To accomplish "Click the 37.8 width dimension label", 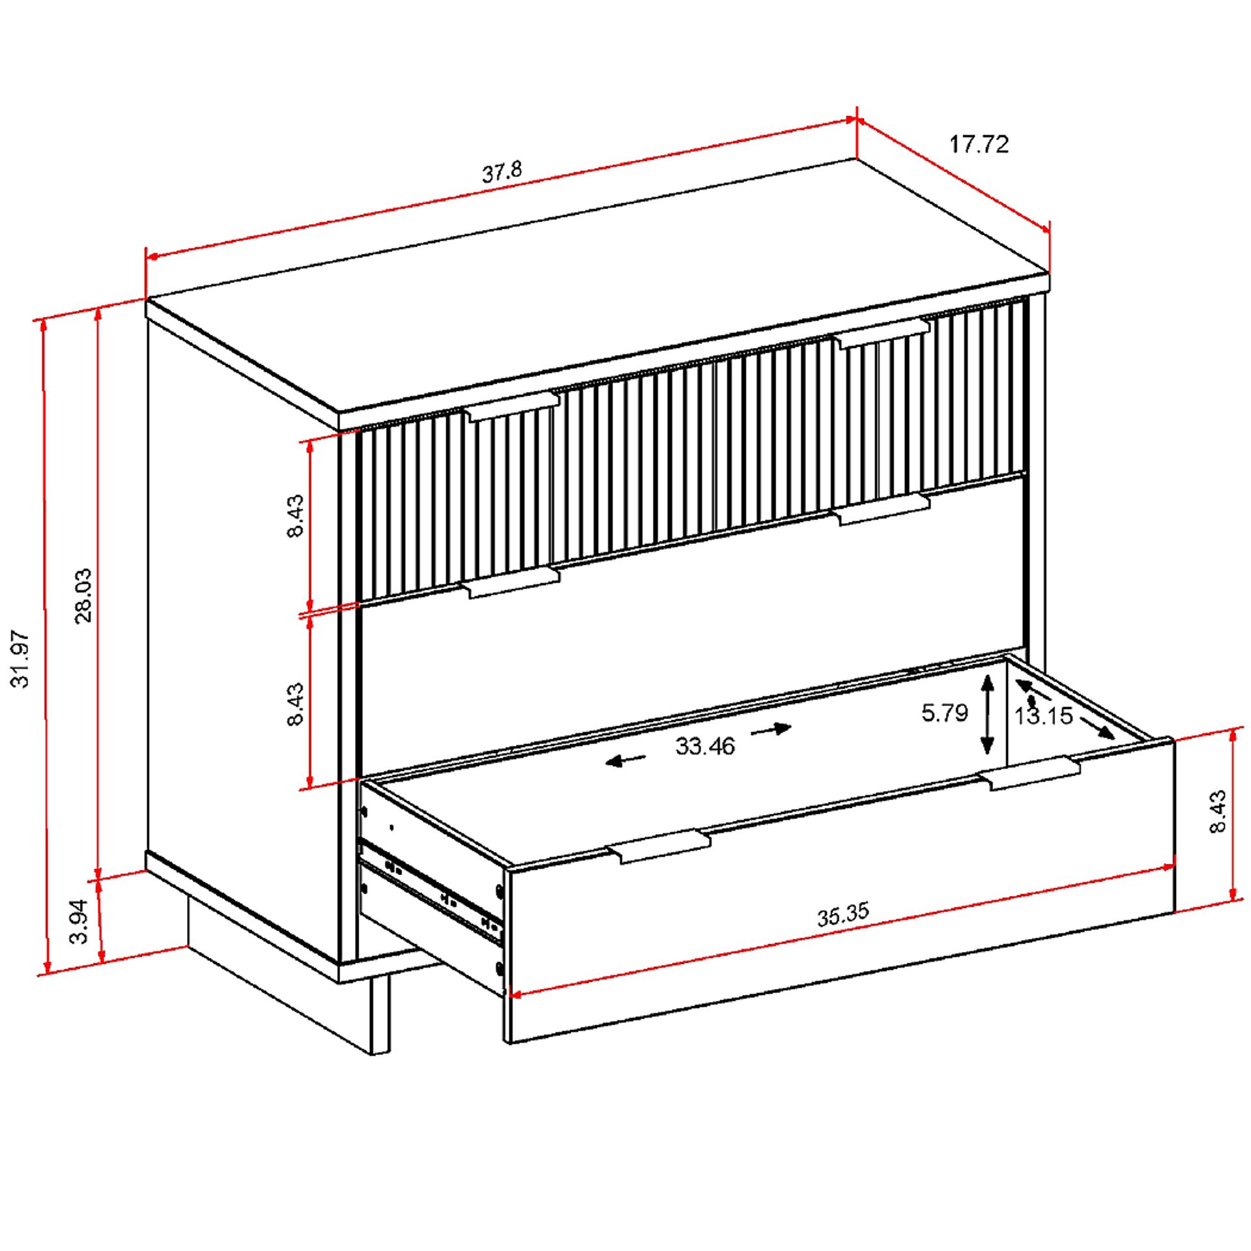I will point(502,171).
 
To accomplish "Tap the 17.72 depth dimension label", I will point(978,144).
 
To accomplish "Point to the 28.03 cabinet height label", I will point(83,596).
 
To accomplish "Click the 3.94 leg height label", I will point(78,921).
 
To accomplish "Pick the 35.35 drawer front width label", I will point(843,914).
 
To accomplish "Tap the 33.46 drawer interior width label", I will point(705,746).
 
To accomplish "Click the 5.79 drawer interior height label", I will point(944,713).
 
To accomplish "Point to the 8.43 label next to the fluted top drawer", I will point(295,515).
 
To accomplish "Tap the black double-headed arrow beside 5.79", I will point(988,714).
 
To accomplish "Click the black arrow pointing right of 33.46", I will point(771,730).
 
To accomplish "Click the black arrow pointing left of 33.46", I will point(625,759).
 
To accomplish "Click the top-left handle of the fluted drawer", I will point(513,405).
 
